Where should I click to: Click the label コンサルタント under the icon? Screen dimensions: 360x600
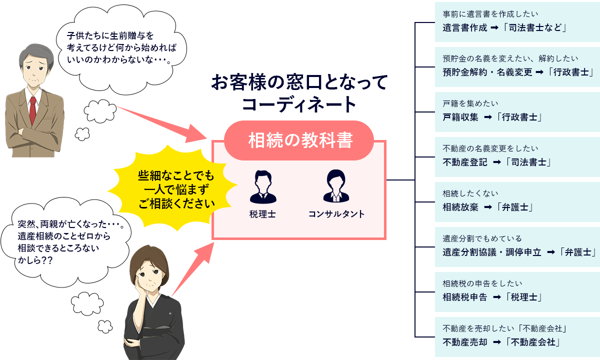click(x=336, y=214)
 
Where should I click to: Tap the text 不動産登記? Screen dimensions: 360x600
click(x=465, y=162)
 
